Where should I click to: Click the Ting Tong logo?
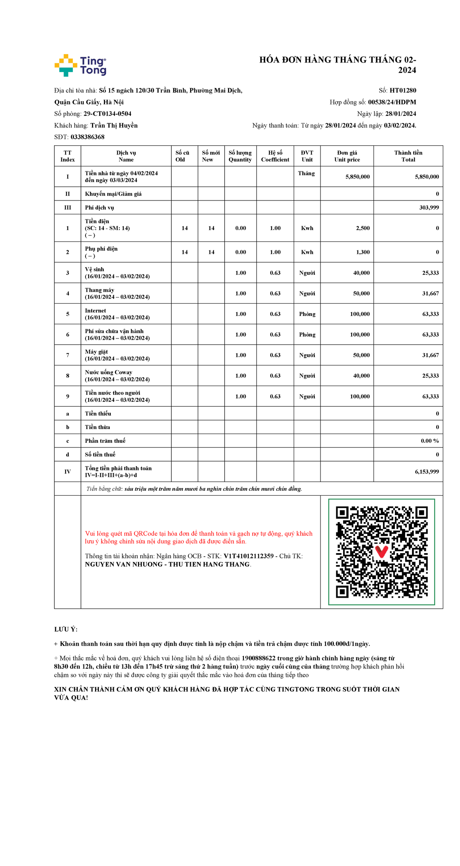[x=80, y=65]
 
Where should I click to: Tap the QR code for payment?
[x=381, y=552]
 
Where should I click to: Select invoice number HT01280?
[x=402, y=90]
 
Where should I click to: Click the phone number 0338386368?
[x=87, y=137]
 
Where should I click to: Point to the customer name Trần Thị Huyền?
[x=114, y=125]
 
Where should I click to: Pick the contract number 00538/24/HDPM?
[x=392, y=102]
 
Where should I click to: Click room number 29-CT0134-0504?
[x=107, y=114]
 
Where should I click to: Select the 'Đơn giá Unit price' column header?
[x=347, y=156]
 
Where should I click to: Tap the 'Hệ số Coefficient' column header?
[x=275, y=156]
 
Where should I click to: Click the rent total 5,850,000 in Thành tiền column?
[x=427, y=177]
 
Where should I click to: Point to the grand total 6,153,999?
[x=427, y=472]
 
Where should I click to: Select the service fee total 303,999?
[x=429, y=207]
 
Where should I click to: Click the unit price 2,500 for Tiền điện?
[x=363, y=228]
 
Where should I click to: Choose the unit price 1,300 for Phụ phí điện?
[x=363, y=252]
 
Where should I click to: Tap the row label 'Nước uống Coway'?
[x=108, y=372]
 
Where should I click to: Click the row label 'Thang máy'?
[x=99, y=290]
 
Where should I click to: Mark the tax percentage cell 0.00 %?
[x=430, y=441]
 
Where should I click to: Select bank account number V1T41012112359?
[x=248, y=556]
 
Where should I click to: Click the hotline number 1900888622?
[x=258, y=658]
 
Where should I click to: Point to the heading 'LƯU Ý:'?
[x=66, y=629]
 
